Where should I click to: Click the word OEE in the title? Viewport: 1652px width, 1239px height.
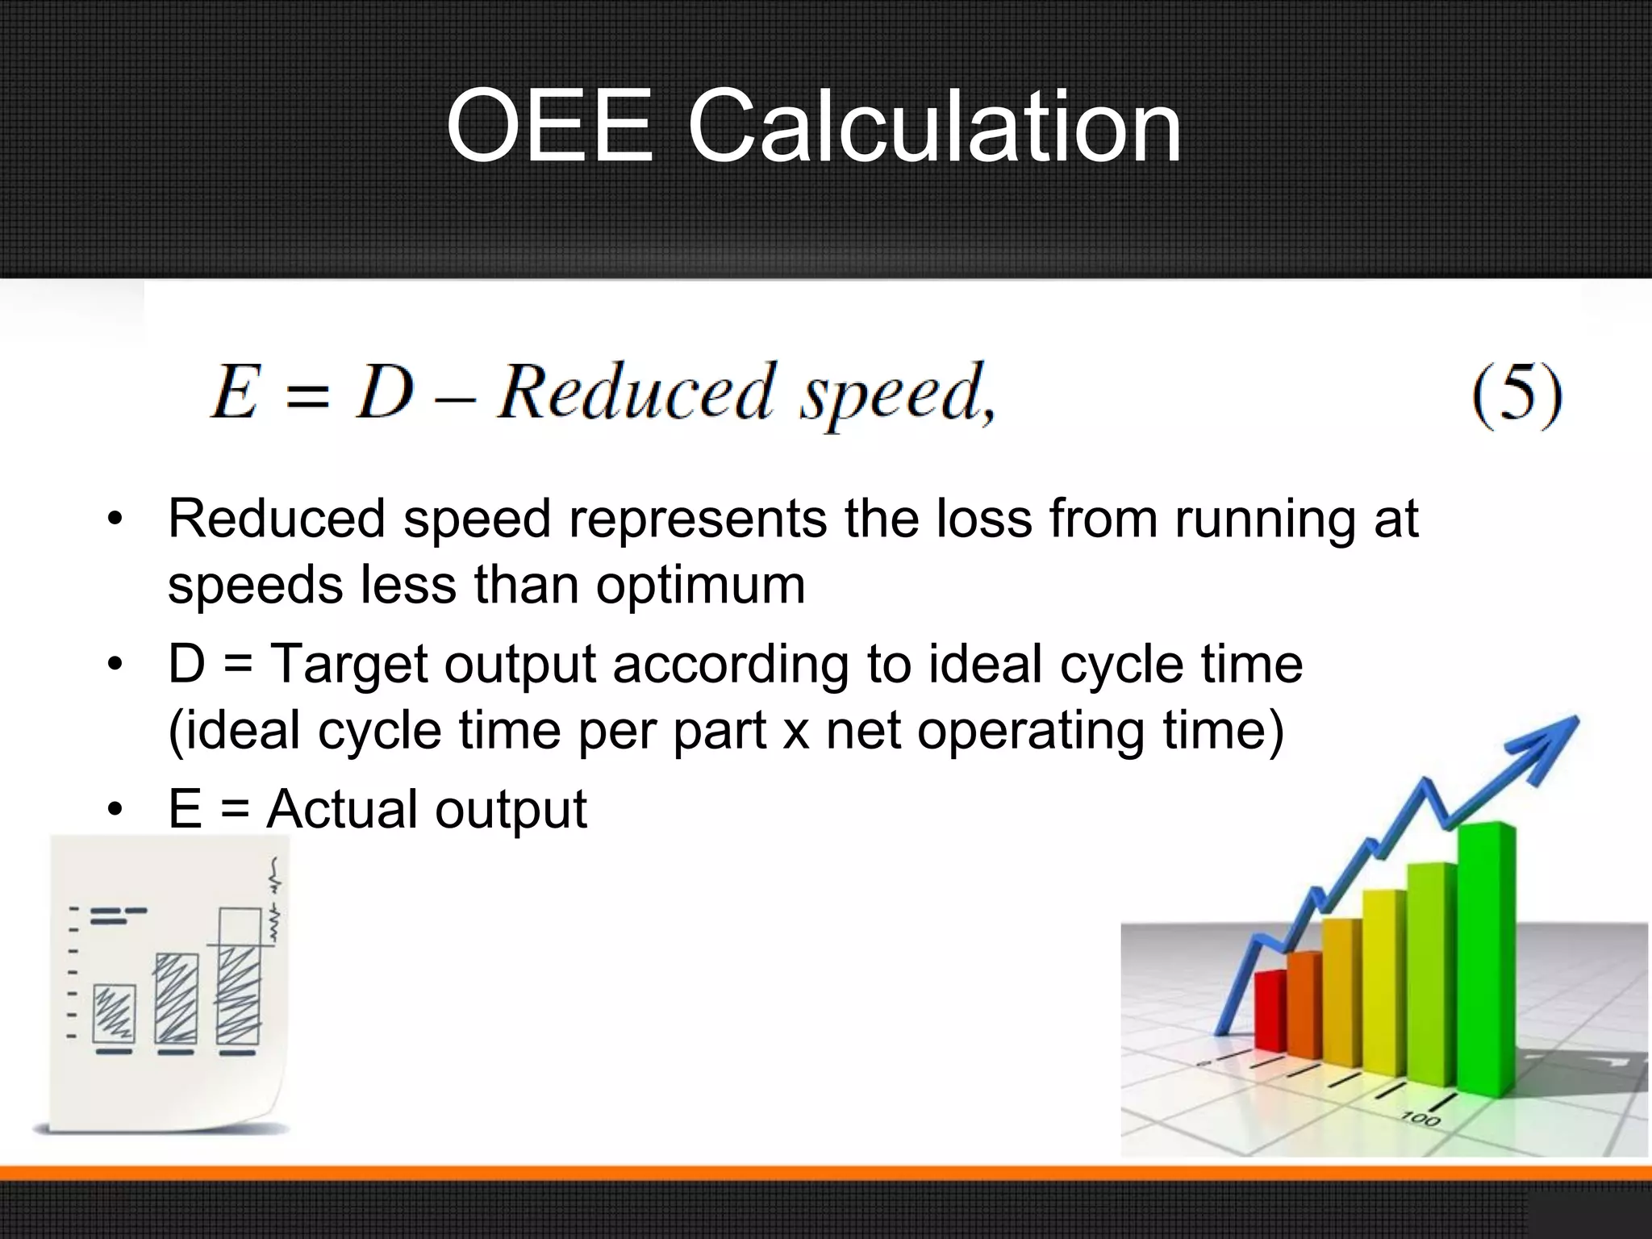pyautogui.click(x=549, y=127)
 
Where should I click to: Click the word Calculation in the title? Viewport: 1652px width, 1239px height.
pyautogui.click(x=934, y=127)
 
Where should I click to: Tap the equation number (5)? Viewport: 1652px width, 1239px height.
pyautogui.click(x=1516, y=394)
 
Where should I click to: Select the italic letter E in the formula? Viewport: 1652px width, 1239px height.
pyautogui.click(x=235, y=392)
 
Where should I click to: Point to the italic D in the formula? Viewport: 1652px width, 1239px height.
pyautogui.click(x=386, y=392)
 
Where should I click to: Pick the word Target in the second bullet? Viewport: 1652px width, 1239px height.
pyautogui.click(x=348, y=665)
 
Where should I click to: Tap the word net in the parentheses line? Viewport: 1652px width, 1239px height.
pyautogui.click(x=862, y=731)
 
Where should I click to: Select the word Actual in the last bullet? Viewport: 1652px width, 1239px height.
pyautogui.click(x=342, y=809)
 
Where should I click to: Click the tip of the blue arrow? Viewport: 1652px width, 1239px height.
pyautogui.click(x=1573, y=720)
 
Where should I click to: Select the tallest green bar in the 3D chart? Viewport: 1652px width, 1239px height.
pyautogui.click(x=1486, y=960)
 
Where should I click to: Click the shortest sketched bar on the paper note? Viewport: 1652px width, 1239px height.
pyautogui.click(x=114, y=1014)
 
